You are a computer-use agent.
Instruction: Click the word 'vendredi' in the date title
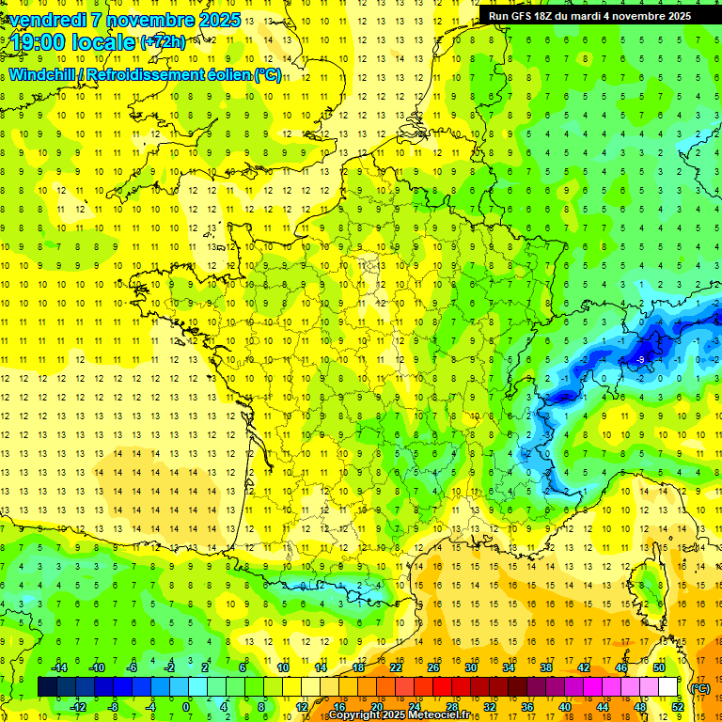click(x=48, y=20)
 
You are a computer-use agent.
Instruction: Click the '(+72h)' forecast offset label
click(x=163, y=42)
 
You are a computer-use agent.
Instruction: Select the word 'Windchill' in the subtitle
click(x=39, y=74)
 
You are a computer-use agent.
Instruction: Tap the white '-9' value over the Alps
click(x=639, y=359)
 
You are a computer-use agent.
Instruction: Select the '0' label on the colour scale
click(x=185, y=706)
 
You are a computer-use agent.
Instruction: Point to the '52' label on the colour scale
click(x=678, y=706)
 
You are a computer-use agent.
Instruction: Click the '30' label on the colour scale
click(x=470, y=667)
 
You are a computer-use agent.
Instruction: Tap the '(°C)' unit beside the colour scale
click(x=700, y=687)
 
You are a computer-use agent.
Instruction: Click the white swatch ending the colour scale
click(x=667, y=687)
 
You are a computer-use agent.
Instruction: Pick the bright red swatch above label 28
click(x=442, y=687)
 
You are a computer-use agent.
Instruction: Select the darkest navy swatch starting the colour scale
click(x=47, y=687)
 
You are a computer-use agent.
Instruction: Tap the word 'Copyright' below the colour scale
click(x=360, y=715)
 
